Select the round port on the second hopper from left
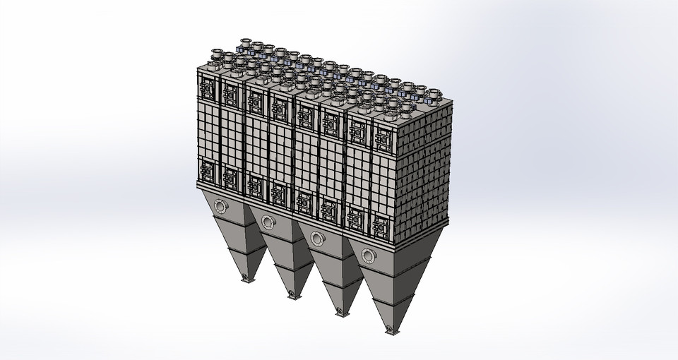268,222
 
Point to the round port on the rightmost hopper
367,254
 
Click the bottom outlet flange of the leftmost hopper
246,278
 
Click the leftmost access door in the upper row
207,87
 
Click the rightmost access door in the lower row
381,227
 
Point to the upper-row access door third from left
254,101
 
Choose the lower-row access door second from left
230,177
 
